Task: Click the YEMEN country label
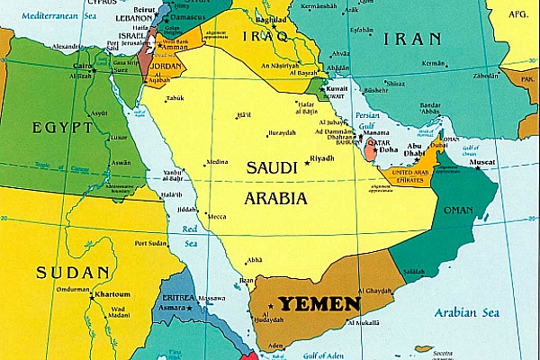click(x=319, y=304)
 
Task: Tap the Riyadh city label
click(x=321, y=158)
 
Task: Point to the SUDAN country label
click(x=74, y=271)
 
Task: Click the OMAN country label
click(x=458, y=211)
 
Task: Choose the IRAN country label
click(x=412, y=39)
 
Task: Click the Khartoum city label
click(x=112, y=293)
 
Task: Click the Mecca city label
click(x=216, y=216)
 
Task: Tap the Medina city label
click(x=217, y=162)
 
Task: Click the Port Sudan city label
click(x=152, y=243)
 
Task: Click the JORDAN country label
click(x=167, y=65)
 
